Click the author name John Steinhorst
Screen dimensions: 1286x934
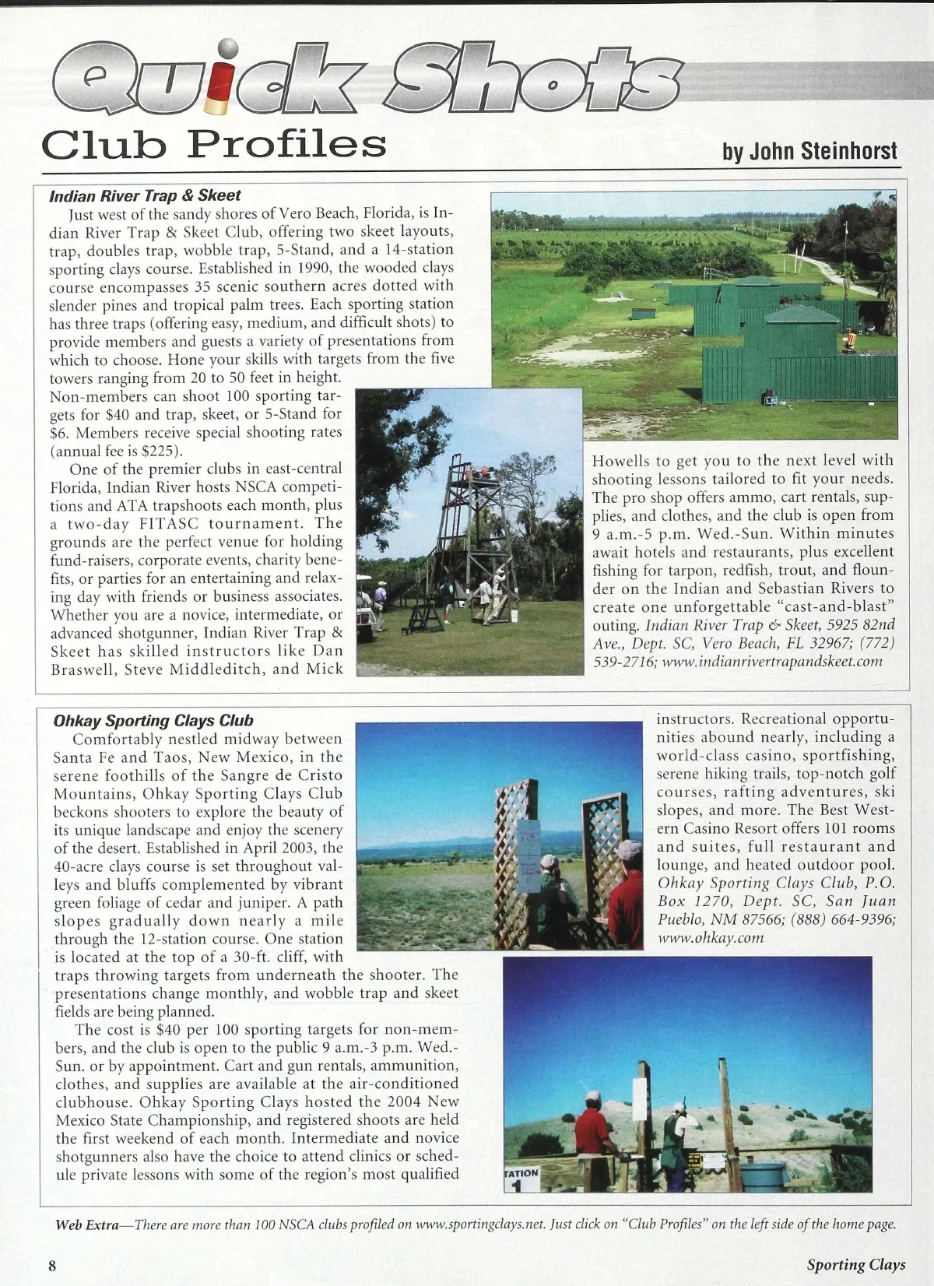810,151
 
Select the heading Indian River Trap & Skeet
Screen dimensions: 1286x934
145,196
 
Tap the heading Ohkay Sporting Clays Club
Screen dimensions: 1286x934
153,721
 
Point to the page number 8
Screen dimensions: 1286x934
52,1265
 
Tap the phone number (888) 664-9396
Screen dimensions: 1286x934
843,919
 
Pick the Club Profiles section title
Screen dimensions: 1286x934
214,144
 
